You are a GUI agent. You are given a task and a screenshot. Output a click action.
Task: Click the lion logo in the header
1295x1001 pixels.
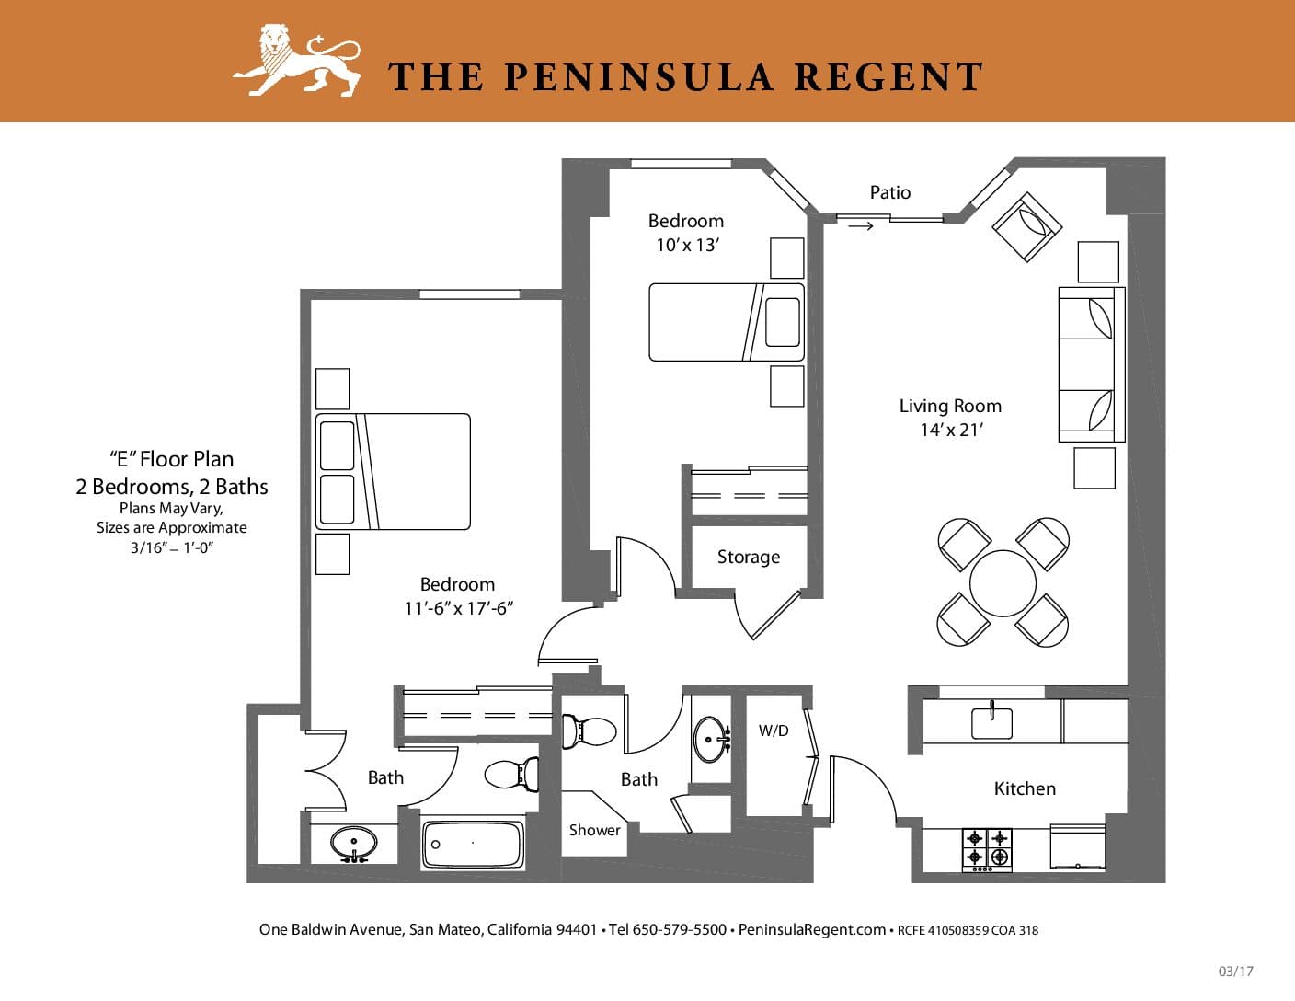[x=297, y=60]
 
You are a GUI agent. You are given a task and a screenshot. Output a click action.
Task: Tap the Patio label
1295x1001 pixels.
[x=889, y=192]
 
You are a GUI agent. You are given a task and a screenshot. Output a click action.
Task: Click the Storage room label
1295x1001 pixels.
[x=749, y=557]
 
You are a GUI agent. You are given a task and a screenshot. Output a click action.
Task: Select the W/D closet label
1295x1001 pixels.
[x=774, y=731]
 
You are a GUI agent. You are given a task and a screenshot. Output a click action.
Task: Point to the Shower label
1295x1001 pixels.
[x=594, y=830]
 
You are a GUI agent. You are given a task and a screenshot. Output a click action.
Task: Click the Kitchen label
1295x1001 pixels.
[x=1025, y=788]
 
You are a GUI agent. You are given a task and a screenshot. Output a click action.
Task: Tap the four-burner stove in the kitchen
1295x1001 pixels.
[x=987, y=850]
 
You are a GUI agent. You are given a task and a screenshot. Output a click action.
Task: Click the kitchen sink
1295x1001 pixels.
[x=991, y=722]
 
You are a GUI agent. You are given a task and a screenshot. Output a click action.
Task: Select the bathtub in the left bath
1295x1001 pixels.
[x=473, y=845]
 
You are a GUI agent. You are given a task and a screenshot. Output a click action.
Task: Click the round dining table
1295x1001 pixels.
[x=1003, y=583]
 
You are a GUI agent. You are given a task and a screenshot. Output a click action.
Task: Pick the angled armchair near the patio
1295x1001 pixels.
[x=1026, y=226]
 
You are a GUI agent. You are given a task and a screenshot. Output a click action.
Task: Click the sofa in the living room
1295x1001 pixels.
[x=1091, y=364]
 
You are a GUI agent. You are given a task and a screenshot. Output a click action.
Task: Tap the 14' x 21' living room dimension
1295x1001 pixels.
[x=951, y=430]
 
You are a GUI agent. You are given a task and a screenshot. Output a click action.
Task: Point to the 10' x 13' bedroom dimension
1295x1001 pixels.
[x=688, y=245]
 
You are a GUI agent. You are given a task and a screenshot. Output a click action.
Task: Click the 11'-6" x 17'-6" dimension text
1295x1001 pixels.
[x=458, y=608]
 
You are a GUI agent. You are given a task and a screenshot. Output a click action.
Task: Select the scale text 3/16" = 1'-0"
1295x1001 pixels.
[x=172, y=547]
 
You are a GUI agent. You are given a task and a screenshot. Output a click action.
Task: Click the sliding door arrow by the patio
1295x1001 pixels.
[x=861, y=226]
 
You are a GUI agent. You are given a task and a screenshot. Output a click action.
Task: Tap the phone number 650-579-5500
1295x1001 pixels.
[x=680, y=929]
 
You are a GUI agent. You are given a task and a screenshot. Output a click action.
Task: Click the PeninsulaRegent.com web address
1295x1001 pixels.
[x=812, y=929]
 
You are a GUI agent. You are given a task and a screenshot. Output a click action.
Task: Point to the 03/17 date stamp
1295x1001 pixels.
[x=1236, y=972]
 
